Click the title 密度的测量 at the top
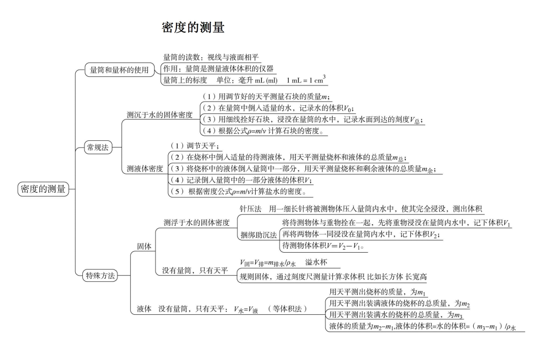tap(193, 27)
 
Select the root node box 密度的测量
tap(43, 189)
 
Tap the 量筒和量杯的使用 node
tap(119, 70)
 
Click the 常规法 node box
tap(98, 147)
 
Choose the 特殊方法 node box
tap(100, 276)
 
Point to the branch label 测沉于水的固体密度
tap(160, 115)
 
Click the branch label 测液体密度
tap(145, 168)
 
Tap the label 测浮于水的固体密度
tap(197, 222)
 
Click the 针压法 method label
tap(251, 209)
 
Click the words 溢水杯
tap(316, 262)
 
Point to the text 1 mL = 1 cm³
tap(306, 80)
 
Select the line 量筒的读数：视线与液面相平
tap(211, 57)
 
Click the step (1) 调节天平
tap(193, 145)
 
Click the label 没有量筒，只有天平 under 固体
tap(195, 271)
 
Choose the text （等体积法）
tap(287, 309)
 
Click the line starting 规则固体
tap(333, 277)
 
